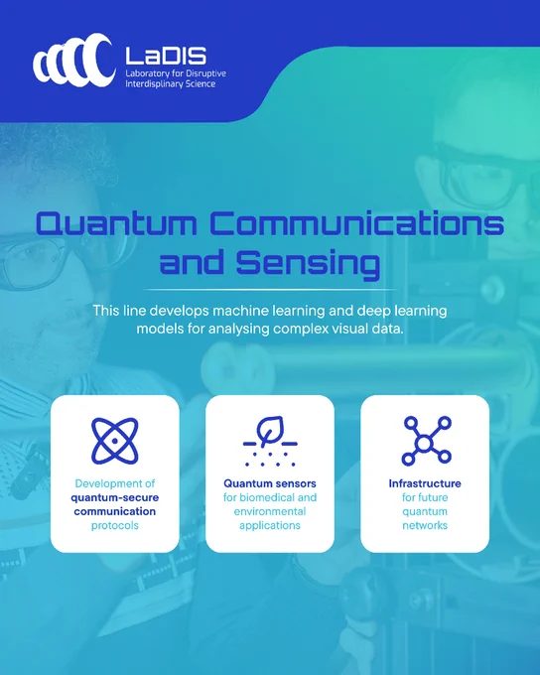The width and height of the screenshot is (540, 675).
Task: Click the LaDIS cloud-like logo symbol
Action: [74, 61]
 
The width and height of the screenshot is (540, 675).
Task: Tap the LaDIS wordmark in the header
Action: [166, 56]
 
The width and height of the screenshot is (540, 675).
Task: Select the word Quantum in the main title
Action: [116, 223]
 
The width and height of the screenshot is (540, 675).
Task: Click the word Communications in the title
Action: [357, 223]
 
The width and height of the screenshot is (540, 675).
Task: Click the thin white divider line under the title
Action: [270, 290]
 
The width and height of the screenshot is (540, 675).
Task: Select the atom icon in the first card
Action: [115, 441]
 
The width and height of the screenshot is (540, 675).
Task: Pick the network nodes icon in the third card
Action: [426, 441]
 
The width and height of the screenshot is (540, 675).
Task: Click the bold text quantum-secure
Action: [115, 497]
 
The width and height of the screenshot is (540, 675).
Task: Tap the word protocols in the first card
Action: [115, 526]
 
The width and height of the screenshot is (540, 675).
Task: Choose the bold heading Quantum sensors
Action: [270, 483]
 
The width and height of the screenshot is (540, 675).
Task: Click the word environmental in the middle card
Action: [270, 511]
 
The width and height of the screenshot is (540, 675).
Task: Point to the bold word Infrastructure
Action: [425, 483]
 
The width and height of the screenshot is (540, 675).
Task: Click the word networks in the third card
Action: [425, 525]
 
